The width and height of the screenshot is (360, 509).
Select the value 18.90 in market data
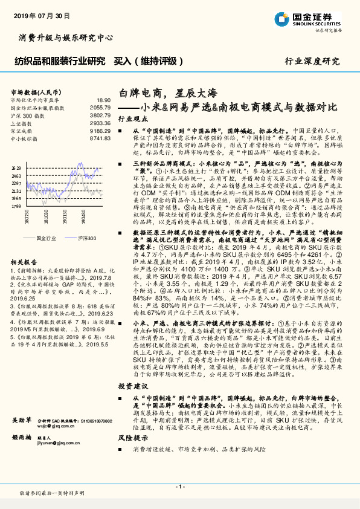[103, 100]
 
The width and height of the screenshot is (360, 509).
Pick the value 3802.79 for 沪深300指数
[100, 114]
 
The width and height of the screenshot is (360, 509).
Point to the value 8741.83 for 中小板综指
[100, 138]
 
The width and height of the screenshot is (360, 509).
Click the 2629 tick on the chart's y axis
[16, 168]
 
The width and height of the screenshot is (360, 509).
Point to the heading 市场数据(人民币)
[33, 91]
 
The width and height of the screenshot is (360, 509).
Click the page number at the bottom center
[179, 487]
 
